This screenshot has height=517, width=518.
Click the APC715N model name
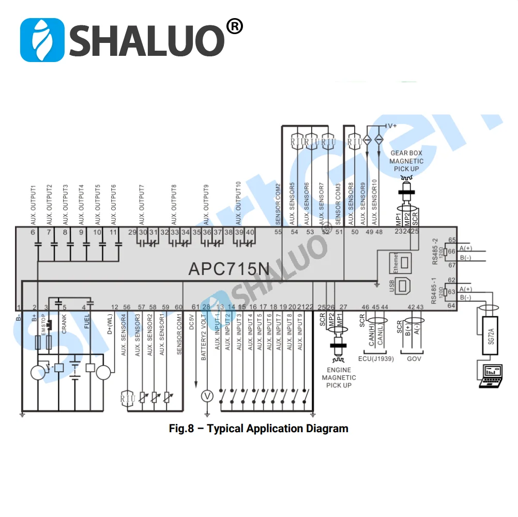[x=228, y=269]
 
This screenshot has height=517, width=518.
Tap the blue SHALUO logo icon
[x=42, y=40]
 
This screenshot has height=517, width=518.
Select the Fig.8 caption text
[x=258, y=429]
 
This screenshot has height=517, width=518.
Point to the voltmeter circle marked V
[x=207, y=396]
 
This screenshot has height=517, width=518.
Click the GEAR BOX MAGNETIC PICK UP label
[x=406, y=161]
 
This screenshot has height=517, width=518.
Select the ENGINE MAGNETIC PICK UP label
[x=339, y=377]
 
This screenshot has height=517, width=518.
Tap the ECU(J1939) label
[x=375, y=358]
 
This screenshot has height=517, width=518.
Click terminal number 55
[x=278, y=232]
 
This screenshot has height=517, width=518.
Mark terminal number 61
[x=195, y=307]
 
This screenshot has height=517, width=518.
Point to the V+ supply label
[x=391, y=126]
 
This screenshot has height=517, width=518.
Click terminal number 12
[x=115, y=307]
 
